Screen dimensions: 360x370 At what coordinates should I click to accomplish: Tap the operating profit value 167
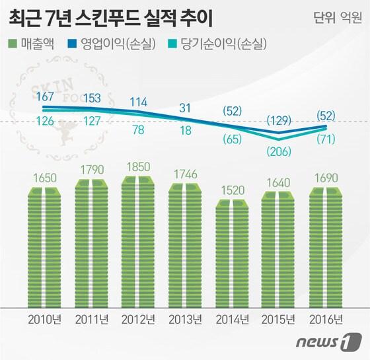(x=46, y=97)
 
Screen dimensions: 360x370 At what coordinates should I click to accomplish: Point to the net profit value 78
(x=139, y=130)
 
